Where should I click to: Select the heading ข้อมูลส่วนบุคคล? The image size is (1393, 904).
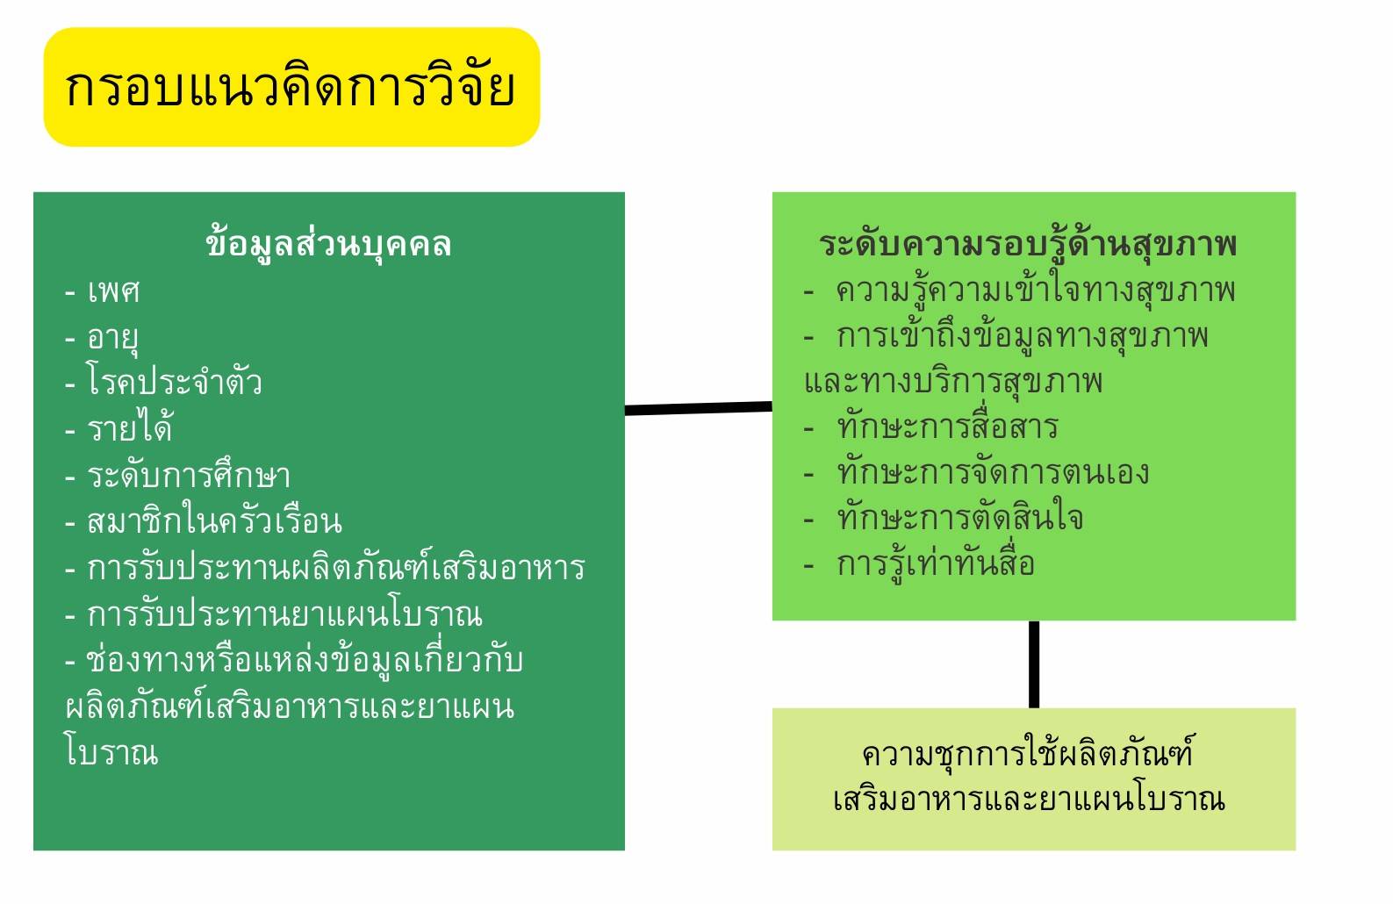328,245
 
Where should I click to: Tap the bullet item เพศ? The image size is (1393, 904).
114,291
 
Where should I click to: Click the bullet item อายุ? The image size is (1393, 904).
112,339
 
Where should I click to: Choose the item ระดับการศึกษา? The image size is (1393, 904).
189,475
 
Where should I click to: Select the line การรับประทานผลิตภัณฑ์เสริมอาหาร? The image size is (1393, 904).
336,566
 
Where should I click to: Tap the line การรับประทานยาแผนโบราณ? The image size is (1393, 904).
284,613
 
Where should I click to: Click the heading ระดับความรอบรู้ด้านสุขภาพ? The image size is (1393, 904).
1028,245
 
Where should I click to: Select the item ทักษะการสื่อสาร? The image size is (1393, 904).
947,427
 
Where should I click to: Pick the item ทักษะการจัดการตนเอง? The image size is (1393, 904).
993,472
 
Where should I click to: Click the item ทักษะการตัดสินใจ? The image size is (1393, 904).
959,518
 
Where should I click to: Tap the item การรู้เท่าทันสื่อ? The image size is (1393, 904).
936,564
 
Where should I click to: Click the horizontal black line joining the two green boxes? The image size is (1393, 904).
699,408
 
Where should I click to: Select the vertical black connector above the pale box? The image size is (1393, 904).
1033,664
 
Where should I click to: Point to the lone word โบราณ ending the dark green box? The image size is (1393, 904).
112,751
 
